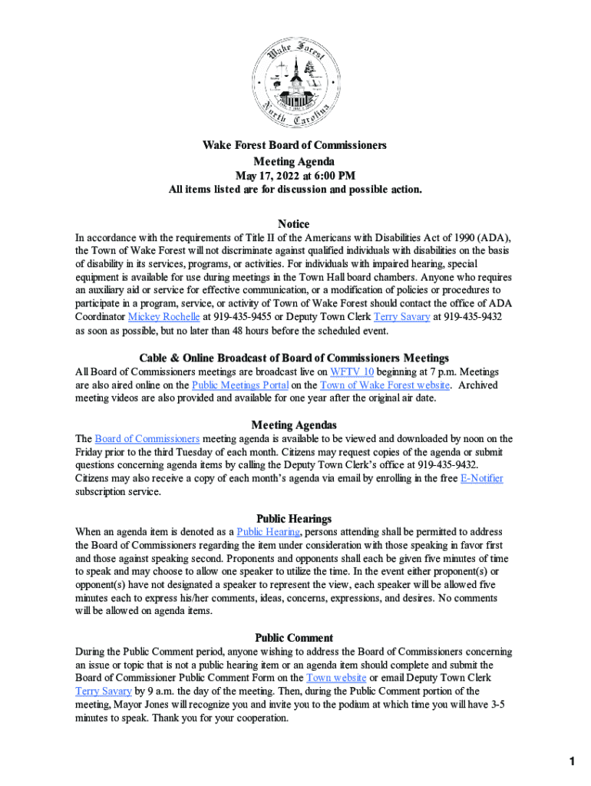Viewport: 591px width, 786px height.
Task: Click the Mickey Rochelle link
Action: [163, 316]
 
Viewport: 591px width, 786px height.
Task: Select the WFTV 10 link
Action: [352, 371]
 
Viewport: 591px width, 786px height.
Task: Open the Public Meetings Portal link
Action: [239, 385]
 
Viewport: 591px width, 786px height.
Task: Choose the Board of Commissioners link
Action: [147, 438]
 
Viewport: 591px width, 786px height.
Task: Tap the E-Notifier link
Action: [481, 478]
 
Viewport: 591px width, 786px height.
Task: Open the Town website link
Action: [336, 678]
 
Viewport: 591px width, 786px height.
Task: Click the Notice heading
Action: [294, 223]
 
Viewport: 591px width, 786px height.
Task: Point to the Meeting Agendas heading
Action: [294, 424]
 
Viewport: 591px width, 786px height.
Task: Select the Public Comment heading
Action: [294, 637]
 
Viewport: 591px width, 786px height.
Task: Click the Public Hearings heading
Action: [294, 518]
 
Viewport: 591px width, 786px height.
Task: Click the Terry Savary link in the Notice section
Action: [401, 316]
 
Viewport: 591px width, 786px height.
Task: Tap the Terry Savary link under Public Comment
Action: [104, 691]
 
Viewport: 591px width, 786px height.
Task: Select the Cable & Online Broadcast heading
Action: [294, 358]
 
